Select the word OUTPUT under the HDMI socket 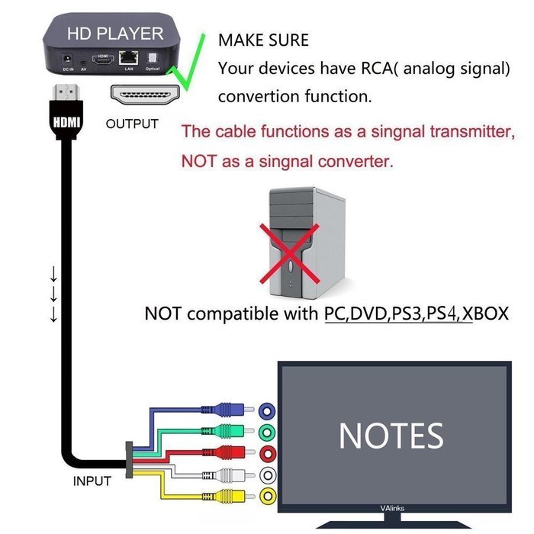[132, 124]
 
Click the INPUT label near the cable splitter [92, 481]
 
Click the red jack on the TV [268, 455]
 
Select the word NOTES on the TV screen [391, 436]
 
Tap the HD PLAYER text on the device [115, 34]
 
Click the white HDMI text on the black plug [66, 121]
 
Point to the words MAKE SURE [263, 40]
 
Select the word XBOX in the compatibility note [485, 314]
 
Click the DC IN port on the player [69, 59]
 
